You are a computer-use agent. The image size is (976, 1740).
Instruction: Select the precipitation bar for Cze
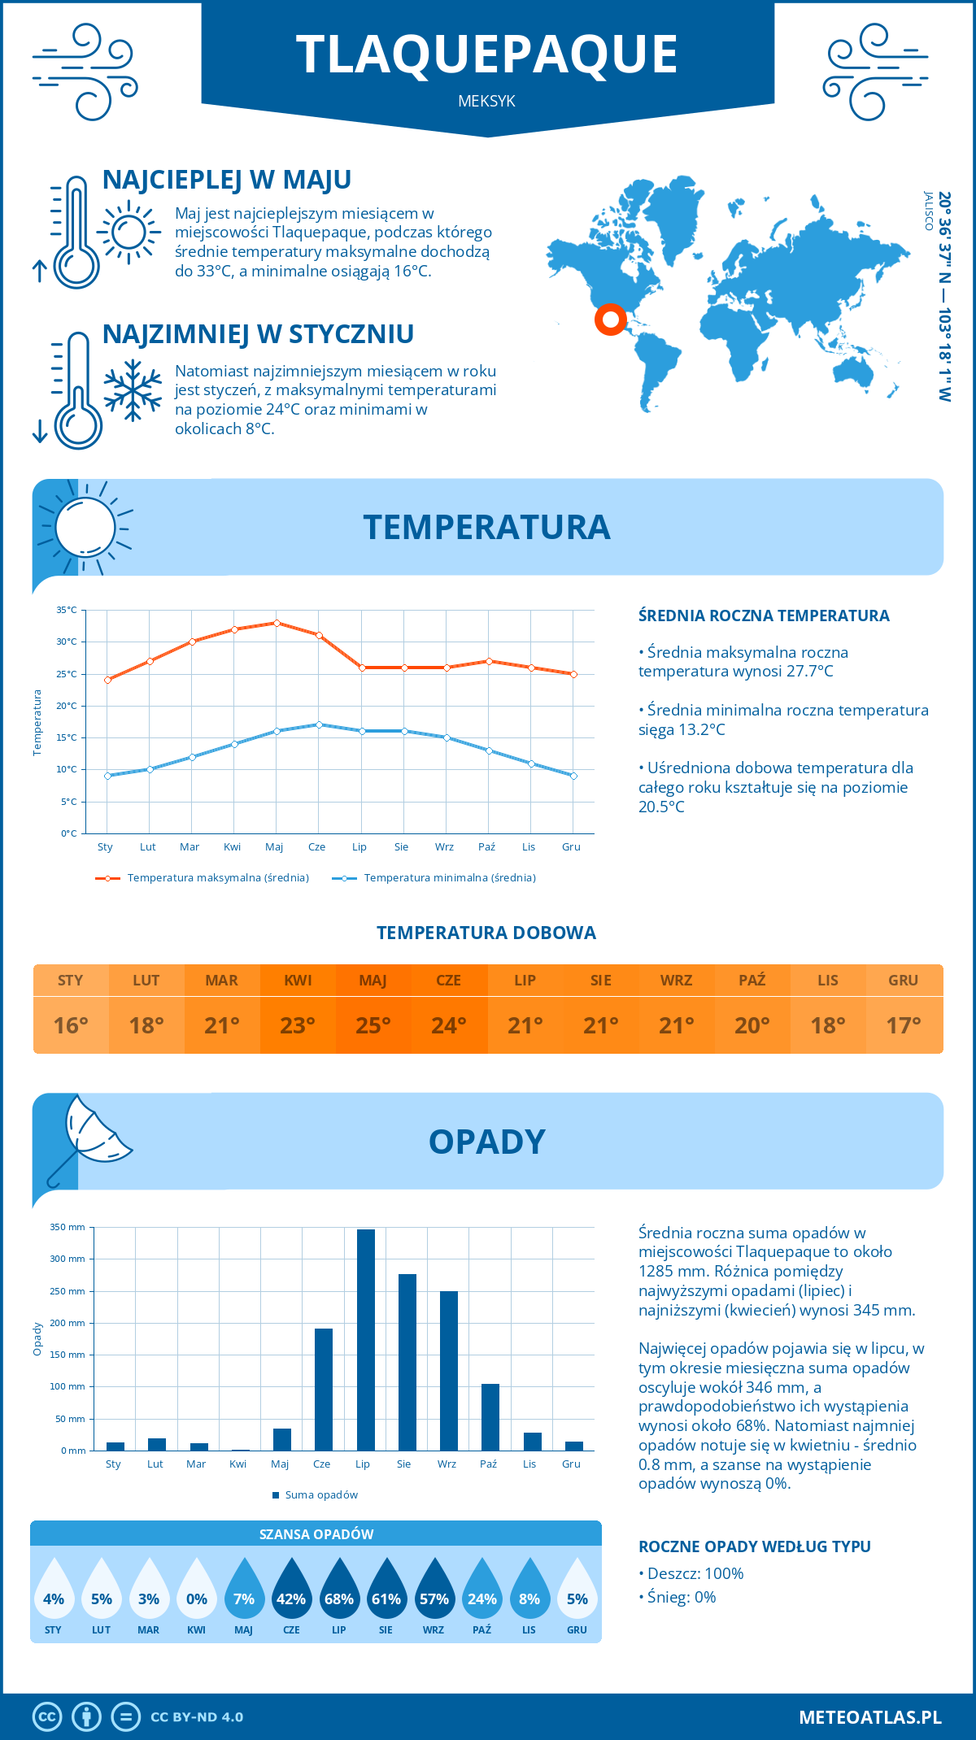pos(324,1390)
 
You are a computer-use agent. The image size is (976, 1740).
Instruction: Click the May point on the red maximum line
pos(277,623)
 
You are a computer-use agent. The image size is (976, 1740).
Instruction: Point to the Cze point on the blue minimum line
pos(319,724)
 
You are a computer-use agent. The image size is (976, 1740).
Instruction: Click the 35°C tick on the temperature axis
pos(67,610)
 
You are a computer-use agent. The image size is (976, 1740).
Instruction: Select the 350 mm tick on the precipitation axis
pos(68,1227)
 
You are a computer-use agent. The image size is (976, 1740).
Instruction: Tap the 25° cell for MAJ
pos(373,1025)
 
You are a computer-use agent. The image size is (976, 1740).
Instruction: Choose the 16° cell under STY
pos(71,1025)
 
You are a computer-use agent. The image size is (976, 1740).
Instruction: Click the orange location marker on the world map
pos(610,319)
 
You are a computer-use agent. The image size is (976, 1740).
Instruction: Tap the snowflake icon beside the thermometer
pos(133,390)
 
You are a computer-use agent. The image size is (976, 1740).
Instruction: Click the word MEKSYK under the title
pos(486,102)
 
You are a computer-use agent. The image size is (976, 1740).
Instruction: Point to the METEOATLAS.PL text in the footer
pos(870,1717)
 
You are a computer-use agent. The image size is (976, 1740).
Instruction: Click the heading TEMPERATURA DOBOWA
pos(486,933)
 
